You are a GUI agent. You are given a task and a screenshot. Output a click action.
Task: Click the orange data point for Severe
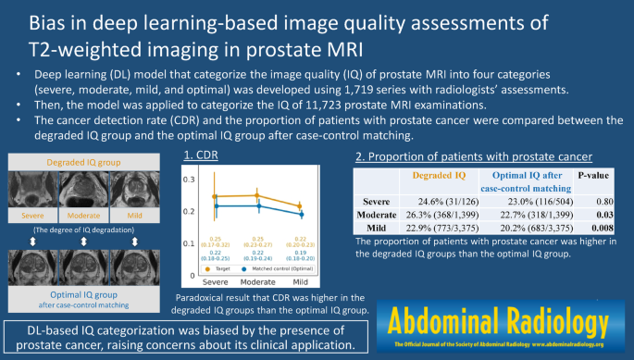coord(215,196)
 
